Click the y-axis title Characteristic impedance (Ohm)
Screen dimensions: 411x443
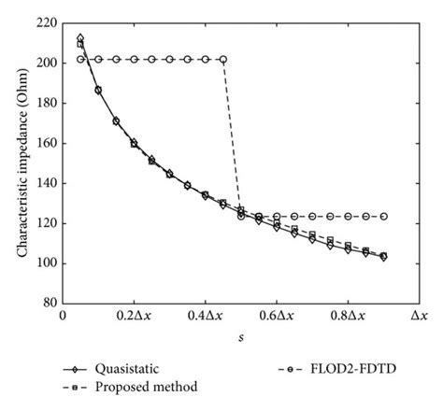point(18,160)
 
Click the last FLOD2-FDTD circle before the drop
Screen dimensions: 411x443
point(222,59)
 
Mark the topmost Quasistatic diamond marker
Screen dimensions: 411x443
point(80,38)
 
